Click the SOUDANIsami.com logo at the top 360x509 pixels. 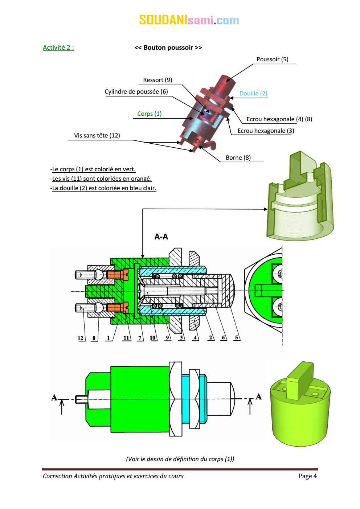[189, 20]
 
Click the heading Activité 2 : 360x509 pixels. [58, 48]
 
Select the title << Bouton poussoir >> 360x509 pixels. [168, 48]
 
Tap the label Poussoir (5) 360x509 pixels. [272, 59]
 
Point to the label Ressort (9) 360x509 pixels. [157, 80]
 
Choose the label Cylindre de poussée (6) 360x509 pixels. [136, 91]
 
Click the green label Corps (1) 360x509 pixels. [149, 114]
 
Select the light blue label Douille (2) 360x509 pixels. [253, 93]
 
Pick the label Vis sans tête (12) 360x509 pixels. [97, 135]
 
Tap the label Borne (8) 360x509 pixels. [238, 157]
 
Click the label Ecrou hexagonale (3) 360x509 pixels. [266, 131]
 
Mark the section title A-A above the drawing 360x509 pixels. [161, 237]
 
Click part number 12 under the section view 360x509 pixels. [81, 338]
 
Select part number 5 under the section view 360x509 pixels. [236, 338]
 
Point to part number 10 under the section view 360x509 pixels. [152, 338]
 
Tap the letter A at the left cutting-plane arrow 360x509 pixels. [54, 397]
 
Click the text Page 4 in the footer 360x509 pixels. [307, 476]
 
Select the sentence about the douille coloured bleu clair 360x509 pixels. [104, 188]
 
